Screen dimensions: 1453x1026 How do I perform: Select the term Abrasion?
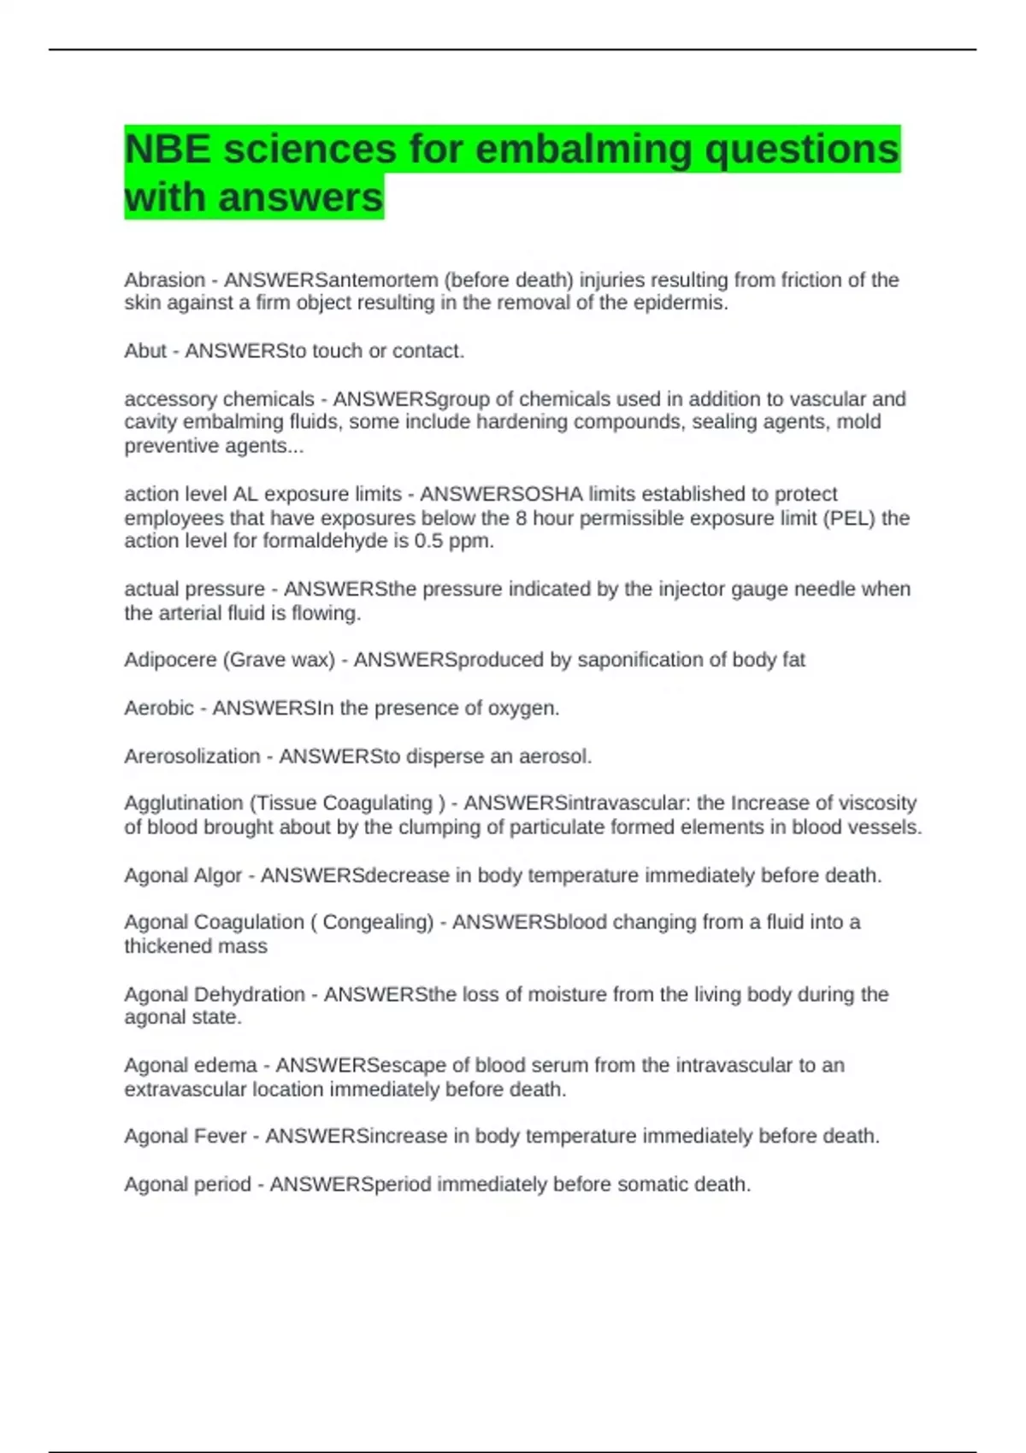pyautogui.click(x=165, y=280)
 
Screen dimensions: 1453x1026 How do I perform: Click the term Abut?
pyautogui.click(x=145, y=351)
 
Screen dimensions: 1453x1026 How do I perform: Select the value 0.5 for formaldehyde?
pyautogui.click(x=430, y=541)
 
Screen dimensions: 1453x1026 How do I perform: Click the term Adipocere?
pyautogui.click(x=170, y=660)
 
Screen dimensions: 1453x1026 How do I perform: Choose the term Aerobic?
pyautogui.click(x=159, y=709)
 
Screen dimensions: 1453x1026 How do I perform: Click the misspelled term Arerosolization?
pyautogui.click(x=192, y=756)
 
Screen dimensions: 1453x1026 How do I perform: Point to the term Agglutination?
pyautogui.click(x=184, y=803)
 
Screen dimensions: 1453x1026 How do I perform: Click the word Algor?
pyautogui.click(x=218, y=876)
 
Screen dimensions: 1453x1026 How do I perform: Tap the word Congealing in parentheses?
pyautogui.click(x=377, y=922)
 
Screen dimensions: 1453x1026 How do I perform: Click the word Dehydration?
pyautogui.click(x=250, y=995)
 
